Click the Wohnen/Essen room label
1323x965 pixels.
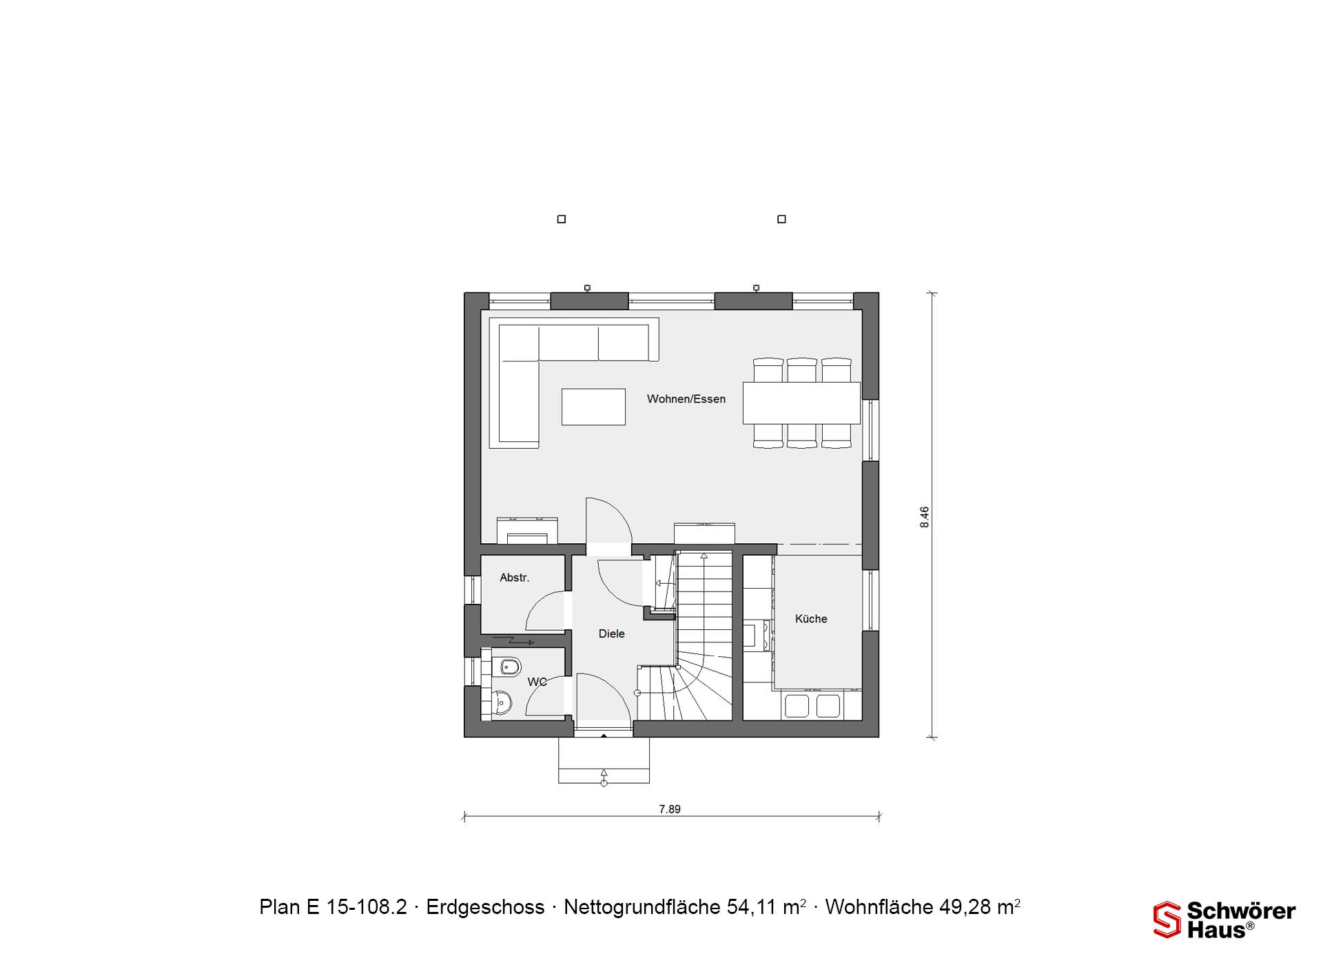click(686, 399)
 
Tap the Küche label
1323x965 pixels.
click(811, 619)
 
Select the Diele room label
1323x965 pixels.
click(612, 633)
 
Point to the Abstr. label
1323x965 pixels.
click(515, 578)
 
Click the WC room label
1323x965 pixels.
click(537, 682)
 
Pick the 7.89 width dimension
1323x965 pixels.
click(670, 809)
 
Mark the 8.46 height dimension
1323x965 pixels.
click(925, 517)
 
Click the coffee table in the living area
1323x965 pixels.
click(593, 407)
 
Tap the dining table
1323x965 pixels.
click(801, 403)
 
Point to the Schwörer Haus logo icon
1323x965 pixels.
click(1167, 920)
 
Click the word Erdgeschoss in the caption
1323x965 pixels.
click(485, 907)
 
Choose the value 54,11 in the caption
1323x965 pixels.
click(752, 907)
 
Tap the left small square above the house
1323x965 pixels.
click(562, 219)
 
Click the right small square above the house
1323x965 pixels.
click(781, 219)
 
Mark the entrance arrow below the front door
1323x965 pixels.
click(604, 777)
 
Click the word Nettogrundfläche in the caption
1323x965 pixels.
click(642, 907)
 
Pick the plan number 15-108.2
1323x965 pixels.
click(367, 907)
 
